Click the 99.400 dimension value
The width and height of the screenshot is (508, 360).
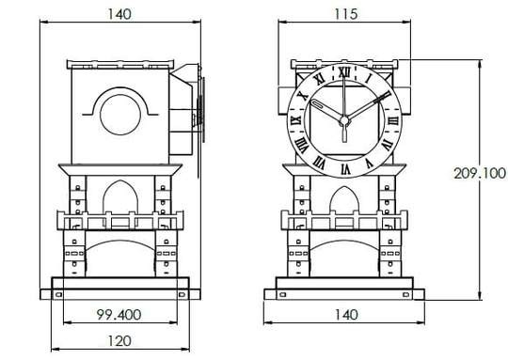[119, 314]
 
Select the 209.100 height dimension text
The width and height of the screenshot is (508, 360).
[480, 173]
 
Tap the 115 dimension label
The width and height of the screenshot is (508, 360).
[345, 14]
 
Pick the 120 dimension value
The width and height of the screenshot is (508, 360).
[119, 341]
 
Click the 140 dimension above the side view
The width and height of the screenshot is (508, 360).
[119, 14]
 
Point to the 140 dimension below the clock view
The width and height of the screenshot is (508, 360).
[346, 314]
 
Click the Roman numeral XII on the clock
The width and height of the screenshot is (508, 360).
[344, 72]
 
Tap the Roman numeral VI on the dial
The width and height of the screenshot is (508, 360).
[345, 169]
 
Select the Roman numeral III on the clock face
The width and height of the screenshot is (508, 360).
[393, 120]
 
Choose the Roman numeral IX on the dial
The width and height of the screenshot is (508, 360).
[295, 120]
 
